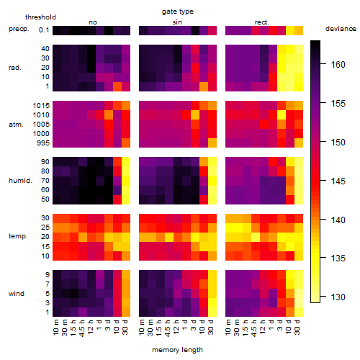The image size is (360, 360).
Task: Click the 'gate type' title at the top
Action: click(x=178, y=12)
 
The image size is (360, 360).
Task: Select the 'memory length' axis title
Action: click(x=178, y=350)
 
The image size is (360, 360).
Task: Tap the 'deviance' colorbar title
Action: click(x=341, y=29)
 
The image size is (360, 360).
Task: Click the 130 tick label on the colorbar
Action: click(x=338, y=297)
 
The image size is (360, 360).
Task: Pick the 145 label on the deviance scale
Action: click(x=338, y=181)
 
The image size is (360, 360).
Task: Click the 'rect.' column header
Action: click(x=262, y=22)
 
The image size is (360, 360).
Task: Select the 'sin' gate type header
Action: click(x=177, y=22)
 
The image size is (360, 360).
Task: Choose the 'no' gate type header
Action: click(x=93, y=22)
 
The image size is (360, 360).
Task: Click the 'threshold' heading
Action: click(x=40, y=17)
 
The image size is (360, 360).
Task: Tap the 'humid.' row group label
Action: click(x=20, y=181)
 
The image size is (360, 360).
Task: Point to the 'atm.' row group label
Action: click(x=16, y=125)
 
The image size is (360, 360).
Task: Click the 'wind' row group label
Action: click(x=17, y=294)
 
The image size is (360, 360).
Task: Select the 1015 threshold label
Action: click(x=41, y=106)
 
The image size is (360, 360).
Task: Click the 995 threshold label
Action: click(x=43, y=143)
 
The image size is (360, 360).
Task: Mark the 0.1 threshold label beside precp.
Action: click(x=44, y=30)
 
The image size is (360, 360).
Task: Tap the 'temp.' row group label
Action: click(x=18, y=236)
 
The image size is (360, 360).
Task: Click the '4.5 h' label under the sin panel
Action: click(x=168, y=328)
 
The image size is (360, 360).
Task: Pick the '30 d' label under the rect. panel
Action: click(x=297, y=327)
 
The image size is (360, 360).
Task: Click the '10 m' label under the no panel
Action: click(x=55, y=328)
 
